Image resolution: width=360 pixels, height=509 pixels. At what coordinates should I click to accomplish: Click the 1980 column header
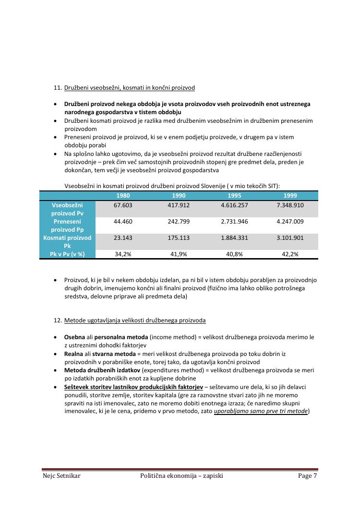123,195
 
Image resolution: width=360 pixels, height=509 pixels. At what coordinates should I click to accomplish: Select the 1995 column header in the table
234,195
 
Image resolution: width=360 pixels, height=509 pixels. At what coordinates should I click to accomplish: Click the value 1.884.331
234,237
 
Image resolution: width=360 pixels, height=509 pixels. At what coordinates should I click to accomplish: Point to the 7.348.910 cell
290,205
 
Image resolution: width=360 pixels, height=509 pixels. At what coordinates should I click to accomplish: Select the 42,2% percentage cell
290,254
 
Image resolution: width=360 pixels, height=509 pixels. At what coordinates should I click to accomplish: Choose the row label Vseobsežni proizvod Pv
67,209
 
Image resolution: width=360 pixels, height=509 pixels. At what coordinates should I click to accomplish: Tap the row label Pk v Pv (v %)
67,254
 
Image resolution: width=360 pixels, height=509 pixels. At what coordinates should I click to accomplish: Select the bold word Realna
74,354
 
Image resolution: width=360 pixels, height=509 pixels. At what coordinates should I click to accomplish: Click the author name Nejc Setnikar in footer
61,476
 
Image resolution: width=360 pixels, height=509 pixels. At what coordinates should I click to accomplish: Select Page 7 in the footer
307,476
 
